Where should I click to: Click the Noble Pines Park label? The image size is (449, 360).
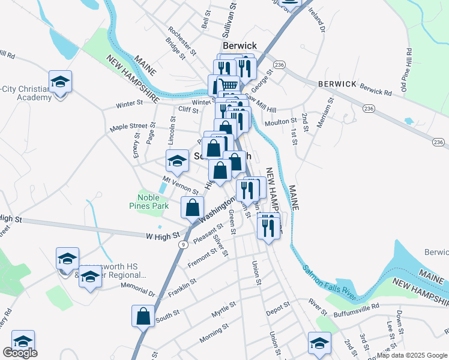[152, 202]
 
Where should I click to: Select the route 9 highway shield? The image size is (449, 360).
[182, 244]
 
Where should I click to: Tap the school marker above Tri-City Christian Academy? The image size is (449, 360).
[60, 81]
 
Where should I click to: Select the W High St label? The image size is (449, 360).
[162, 236]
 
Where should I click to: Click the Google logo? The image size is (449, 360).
[20, 353]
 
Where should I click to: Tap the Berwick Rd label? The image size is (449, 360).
[375, 90]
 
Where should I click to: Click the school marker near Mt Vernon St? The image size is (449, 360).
[177, 160]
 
